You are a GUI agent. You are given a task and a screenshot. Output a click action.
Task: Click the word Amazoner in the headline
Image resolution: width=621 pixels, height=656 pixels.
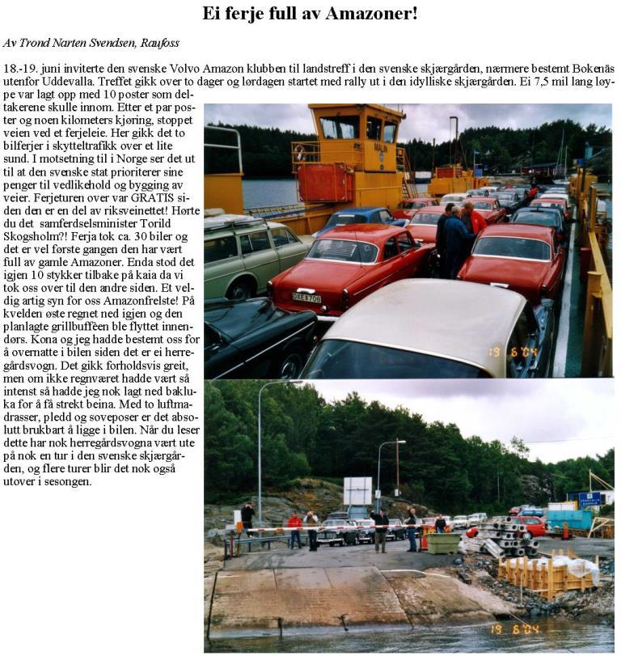370,14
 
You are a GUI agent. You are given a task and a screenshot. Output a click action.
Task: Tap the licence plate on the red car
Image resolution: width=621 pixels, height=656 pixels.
306,297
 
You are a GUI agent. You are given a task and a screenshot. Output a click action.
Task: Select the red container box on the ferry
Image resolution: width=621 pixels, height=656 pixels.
327,182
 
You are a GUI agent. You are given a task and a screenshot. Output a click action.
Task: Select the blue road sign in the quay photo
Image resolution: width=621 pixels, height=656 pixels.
589,499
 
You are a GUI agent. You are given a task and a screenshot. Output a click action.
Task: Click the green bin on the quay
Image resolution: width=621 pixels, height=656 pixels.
444,543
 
